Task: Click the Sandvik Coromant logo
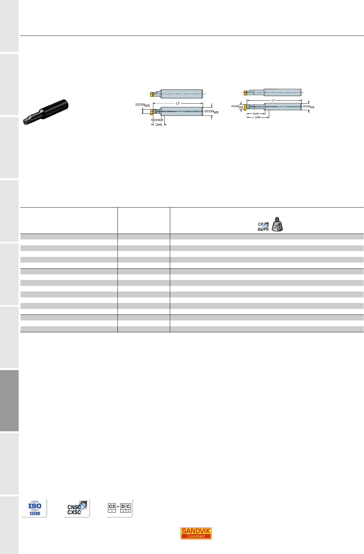pos(196,534)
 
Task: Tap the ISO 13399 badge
pos(35,508)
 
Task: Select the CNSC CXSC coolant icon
pos(77,508)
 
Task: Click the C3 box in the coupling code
pos(112,508)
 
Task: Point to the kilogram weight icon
pos(277,224)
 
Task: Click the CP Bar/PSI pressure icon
pos(263,227)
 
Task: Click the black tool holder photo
pos(45,112)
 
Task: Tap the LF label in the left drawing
pos(178,103)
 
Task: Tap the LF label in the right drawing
pos(273,100)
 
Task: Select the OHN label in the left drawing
pos(157,120)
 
